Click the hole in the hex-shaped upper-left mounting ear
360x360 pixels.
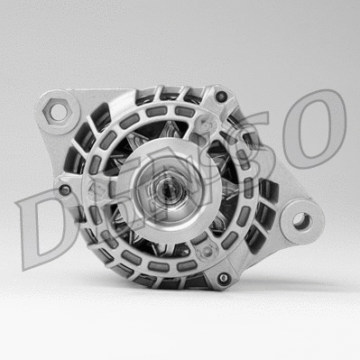59,112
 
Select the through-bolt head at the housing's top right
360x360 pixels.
220,94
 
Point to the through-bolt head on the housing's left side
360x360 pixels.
64,190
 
